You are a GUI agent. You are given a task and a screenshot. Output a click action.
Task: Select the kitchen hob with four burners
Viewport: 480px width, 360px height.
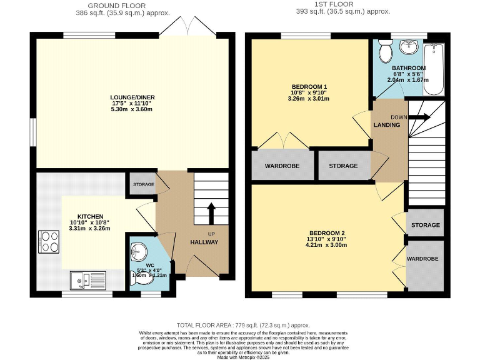point(49,241)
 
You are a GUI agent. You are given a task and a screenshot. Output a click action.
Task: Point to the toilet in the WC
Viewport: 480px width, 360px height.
point(138,251)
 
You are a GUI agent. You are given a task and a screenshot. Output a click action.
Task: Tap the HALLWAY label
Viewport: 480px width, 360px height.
point(204,242)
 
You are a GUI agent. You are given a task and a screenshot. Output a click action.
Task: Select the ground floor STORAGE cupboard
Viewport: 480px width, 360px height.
point(142,184)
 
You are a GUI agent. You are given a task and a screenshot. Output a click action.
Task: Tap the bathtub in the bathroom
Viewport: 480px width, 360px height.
point(433,68)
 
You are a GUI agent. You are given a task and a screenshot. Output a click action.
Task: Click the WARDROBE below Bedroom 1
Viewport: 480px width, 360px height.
point(282,166)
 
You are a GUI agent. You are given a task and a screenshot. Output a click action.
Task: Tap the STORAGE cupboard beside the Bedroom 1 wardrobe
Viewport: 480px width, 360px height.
point(343,166)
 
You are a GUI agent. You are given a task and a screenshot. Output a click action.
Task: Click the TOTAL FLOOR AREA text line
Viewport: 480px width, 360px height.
point(243,325)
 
